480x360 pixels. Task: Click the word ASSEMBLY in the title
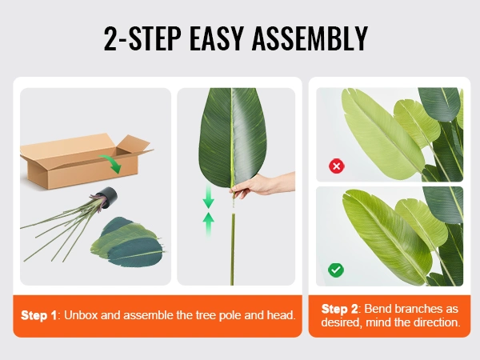coord(310,38)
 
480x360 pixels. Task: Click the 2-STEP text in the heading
coord(142,38)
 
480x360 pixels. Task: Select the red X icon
coord(337,166)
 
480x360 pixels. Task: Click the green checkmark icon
coord(336,270)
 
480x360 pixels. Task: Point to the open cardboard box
coord(86,160)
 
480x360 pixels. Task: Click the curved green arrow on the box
coord(111,163)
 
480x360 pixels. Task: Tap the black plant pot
coord(107,197)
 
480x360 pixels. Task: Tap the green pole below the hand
coord(232,250)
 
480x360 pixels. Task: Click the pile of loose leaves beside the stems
coord(128,242)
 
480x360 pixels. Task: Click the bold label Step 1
coord(38,315)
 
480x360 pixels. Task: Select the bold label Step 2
coord(339,309)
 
